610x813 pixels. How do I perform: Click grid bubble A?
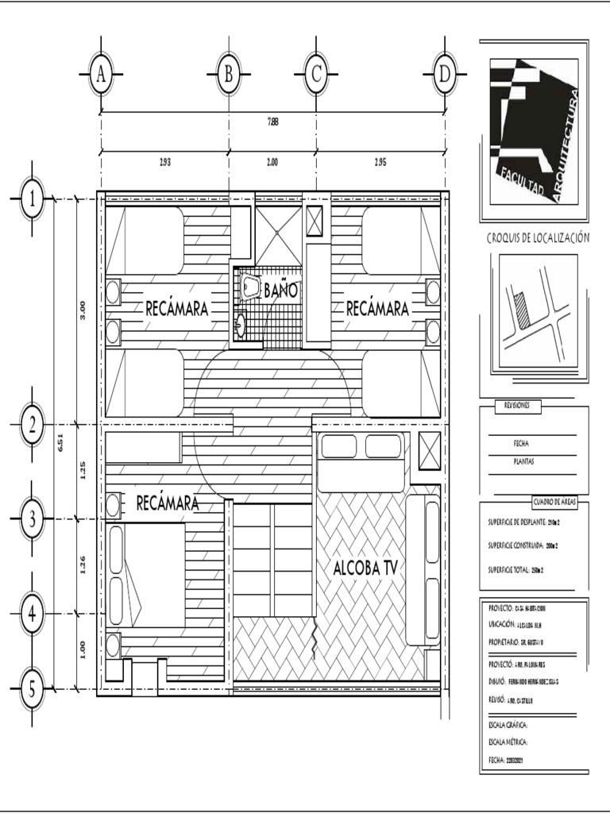coord(101,75)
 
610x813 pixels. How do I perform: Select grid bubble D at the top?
coord(444,75)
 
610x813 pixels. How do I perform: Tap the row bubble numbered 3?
coord(33,519)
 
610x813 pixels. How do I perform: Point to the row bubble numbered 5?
coord(33,688)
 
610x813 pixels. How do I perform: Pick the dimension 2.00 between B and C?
coord(272,162)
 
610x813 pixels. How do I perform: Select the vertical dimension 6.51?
coord(60,445)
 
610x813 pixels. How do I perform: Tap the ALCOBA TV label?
coord(365,568)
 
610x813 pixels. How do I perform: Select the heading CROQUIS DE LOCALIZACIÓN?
coord(538,238)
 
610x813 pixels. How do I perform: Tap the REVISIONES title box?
coord(519,406)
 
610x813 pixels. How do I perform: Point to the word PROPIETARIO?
coord(506,640)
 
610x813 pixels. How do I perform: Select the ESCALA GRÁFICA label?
coord(508,725)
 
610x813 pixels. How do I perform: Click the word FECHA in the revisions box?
coord(521,443)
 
